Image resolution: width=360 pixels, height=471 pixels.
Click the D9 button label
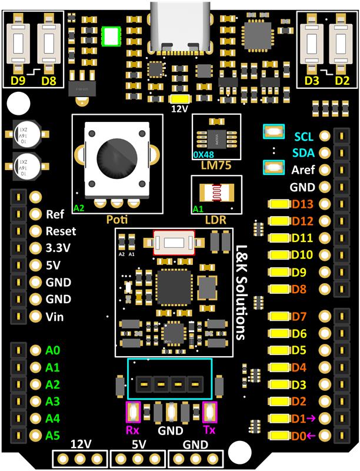point(16,79)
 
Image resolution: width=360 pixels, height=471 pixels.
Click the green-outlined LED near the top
point(110,36)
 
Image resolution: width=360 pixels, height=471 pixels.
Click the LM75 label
point(215,166)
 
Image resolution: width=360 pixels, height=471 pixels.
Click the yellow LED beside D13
point(279,204)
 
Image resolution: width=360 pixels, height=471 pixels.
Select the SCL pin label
point(304,137)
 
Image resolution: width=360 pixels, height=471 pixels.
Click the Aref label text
point(303,170)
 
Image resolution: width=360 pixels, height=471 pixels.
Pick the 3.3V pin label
point(58,248)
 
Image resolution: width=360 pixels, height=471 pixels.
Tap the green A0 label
point(54,351)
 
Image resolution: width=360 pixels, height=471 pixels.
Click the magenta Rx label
point(133,430)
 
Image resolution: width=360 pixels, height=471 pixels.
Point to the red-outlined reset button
point(174,243)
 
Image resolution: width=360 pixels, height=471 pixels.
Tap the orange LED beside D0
point(279,436)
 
